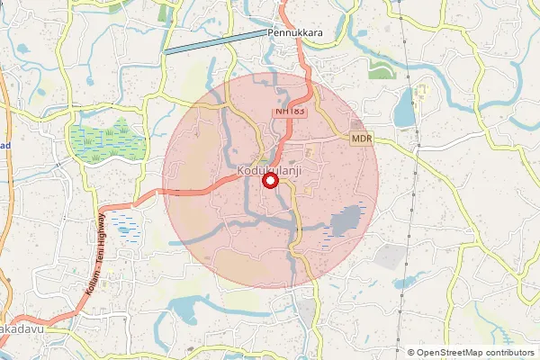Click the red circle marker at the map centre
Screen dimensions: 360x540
click(x=270, y=182)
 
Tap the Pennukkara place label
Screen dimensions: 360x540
click(x=294, y=32)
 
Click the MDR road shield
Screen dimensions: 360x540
click(x=362, y=139)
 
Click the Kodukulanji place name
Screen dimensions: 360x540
click(x=268, y=169)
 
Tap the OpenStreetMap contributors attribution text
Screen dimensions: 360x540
click(x=475, y=352)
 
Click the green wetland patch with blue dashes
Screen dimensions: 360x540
click(x=106, y=139)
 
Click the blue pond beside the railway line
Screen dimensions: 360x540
click(x=404, y=107)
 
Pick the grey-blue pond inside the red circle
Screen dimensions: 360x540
click(x=347, y=220)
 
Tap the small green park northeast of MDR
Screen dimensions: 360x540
click(x=382, y=71)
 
